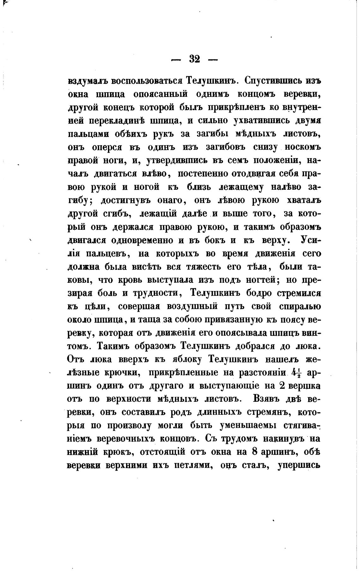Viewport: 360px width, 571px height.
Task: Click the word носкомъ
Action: point(303,147)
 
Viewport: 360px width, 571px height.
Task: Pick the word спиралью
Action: point(299,306)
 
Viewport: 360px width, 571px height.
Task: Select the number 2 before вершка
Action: point(283,386)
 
